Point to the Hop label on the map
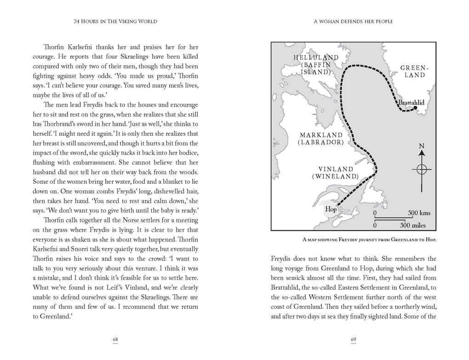tap(331, 209)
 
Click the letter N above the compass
tap(422, 147)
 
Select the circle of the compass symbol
tap(422, 169)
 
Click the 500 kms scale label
tap(419, 213)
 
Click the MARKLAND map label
tap(321, 135)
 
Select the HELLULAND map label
tap(316, 57)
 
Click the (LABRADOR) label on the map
tap(320, 143)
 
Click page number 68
tap(115, 340)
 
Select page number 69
tap(354, 340)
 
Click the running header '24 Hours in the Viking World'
tap(116, 22)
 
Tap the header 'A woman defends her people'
tap(354, 22)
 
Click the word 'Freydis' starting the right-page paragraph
tap(283, 259)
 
